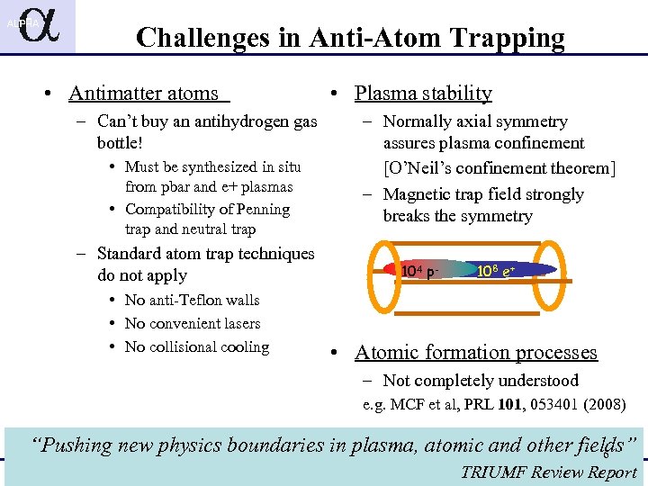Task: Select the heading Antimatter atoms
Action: coord(144,94)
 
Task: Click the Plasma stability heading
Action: coord(423,94)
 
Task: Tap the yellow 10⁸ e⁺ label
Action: coord(496,270)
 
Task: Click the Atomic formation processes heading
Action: coord(476,353)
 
